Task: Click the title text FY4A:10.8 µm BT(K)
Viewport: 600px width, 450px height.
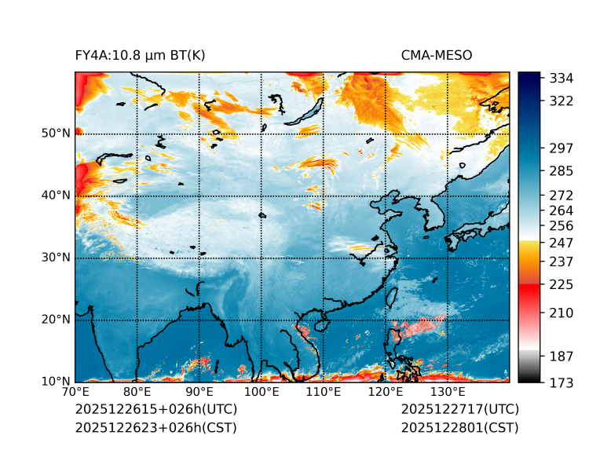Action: click(x=140, y=55)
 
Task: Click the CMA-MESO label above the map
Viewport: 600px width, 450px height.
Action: click(x=437, y=55)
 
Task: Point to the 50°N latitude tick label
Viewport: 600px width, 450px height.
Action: click(x=56, y=134)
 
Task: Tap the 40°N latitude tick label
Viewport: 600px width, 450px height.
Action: click(x=56, y=196)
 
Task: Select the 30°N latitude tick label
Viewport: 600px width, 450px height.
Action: click(x=56, y=258)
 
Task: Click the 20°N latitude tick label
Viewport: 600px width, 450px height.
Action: click(x=56, y=320)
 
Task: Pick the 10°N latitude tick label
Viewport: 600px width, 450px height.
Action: click(x=56, y=382)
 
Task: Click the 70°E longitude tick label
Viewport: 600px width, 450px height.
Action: click(x=75, y=393)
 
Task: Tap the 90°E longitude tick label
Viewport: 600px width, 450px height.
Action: click(x=199, y=393)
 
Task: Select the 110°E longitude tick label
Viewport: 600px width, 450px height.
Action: click(x=324, y=393)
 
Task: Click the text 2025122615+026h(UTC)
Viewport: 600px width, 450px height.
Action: click(x=155, y=410)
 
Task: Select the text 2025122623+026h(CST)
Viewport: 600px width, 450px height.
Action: click(x=155, y=428)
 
